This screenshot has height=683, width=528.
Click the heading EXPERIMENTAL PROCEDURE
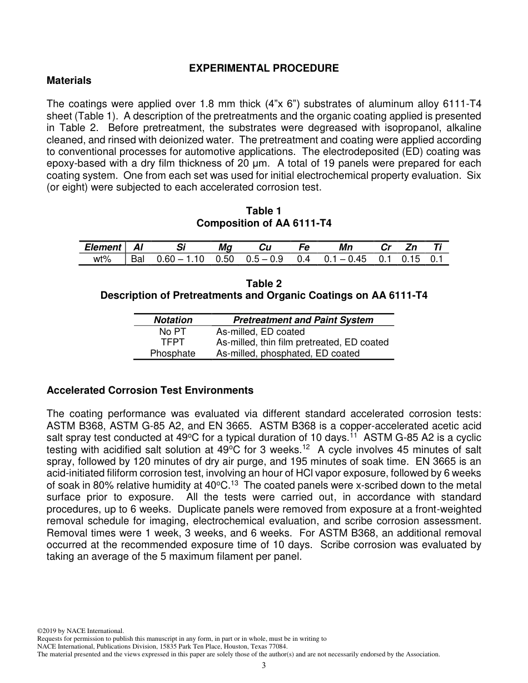(x=264, y=68)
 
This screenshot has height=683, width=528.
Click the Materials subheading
(x=69, y=81)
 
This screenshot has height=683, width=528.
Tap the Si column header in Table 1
(x=181, y=248)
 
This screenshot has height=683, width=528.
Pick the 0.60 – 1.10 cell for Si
(x=181, y=259)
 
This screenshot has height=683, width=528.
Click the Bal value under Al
(x=137, y=259)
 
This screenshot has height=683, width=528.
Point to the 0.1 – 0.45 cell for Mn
(x=345, y=259)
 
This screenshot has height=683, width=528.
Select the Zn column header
(x=411, y=248)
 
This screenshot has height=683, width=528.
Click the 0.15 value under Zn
(x=411, y=259)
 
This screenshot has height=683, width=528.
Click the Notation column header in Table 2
(x=173, y=320)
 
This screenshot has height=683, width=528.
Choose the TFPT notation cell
(x=172, y=343)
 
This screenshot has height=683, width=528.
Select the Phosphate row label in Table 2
(x=172, y=354)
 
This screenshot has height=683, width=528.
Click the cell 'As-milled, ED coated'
(x=260, y=332)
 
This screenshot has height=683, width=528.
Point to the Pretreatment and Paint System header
(x=303, y=320)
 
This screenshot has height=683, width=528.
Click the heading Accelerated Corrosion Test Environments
(x=150, y=390)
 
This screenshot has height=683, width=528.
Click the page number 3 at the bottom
(x=264, y=666)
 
